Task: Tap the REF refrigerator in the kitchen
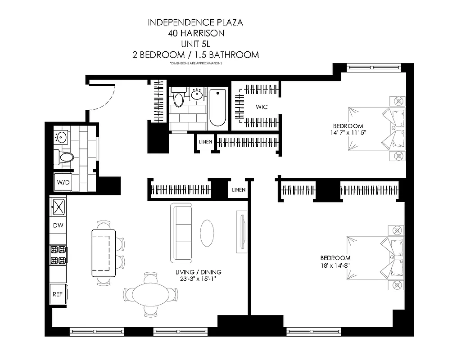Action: (58, 295)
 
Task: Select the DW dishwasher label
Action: (58, 225)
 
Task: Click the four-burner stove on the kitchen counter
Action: (58, 255)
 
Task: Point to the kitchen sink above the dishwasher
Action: (58, 207)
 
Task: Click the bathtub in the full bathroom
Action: (217, 108)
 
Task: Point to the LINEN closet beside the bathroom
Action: (205, 142)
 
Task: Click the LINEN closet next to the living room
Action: (239, 190)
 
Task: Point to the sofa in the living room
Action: (181, 233)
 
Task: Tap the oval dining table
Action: (151, 294)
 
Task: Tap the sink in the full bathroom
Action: (197, 94)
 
